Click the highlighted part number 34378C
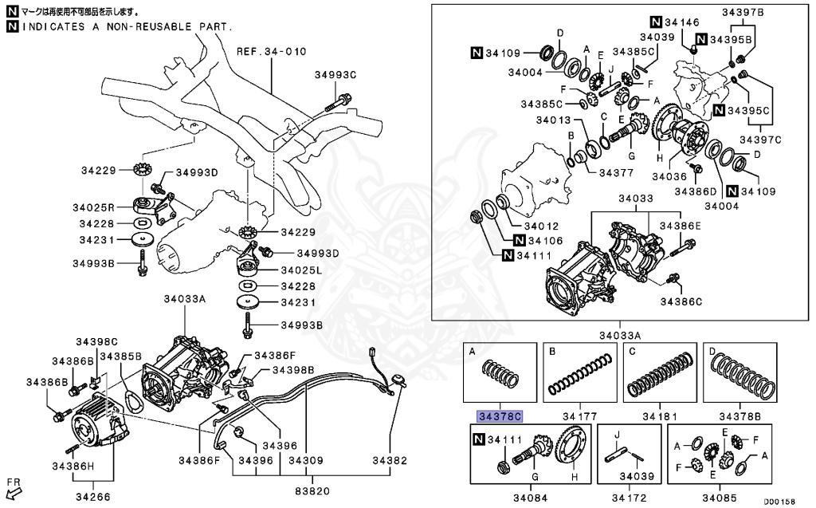pyautogui.click(x=499, y=416)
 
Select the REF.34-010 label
pyautogui.click(x=271, y=52)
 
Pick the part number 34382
pyautogui.click(x=390, y=460)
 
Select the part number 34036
pyautogui.click(x=670, y=175)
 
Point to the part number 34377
pyautogui.click(x=616, y=171)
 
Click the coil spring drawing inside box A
pyautogui.click(x=499, y=375)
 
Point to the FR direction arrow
pyautogui.click(x=14, y=486)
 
